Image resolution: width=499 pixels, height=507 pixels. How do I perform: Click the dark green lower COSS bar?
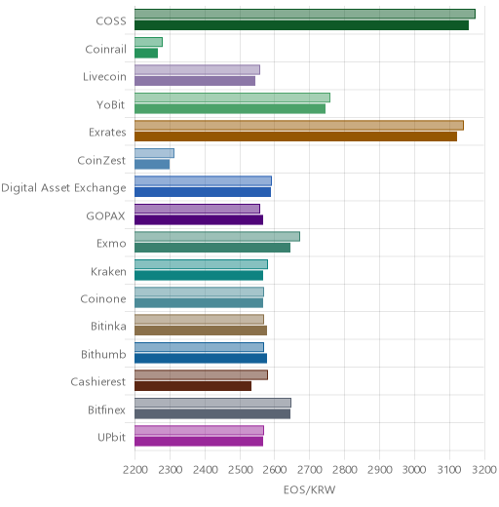[301, 25]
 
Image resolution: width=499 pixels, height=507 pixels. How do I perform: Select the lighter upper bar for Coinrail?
[148, 42]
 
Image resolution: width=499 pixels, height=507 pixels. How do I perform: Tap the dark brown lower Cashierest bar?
[193, 386]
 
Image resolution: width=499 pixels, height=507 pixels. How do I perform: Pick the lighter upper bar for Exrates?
[299, 125]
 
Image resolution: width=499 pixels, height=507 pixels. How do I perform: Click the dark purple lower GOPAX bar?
[199, 220]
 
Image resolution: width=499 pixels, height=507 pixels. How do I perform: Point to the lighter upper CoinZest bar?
[154, 153]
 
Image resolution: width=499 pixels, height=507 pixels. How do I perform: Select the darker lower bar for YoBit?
[230, 109]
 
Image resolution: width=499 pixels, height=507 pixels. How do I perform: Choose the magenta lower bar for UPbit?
[199, 442]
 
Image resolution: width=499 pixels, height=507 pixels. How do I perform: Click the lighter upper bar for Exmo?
[217, 236]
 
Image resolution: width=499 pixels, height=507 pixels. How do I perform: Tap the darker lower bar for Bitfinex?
[212, 414]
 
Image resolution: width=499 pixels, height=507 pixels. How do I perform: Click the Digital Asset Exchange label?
[63, 188]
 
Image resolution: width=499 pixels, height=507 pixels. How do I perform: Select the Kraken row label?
[108, 271]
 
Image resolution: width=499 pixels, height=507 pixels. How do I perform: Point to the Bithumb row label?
[103, 354]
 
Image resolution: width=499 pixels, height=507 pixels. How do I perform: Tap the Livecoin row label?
[104, 77]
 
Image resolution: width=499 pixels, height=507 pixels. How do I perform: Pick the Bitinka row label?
[108, 326]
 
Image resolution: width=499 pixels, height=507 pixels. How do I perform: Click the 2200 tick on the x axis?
[135, 470]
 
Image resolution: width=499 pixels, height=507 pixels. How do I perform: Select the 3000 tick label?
[414, 470]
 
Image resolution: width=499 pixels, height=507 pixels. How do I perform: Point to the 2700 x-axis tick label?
[310, 470]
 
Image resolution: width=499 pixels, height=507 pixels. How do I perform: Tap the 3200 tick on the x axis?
[484, 470]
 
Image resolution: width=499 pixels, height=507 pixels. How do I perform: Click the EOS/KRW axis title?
[309, 489]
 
